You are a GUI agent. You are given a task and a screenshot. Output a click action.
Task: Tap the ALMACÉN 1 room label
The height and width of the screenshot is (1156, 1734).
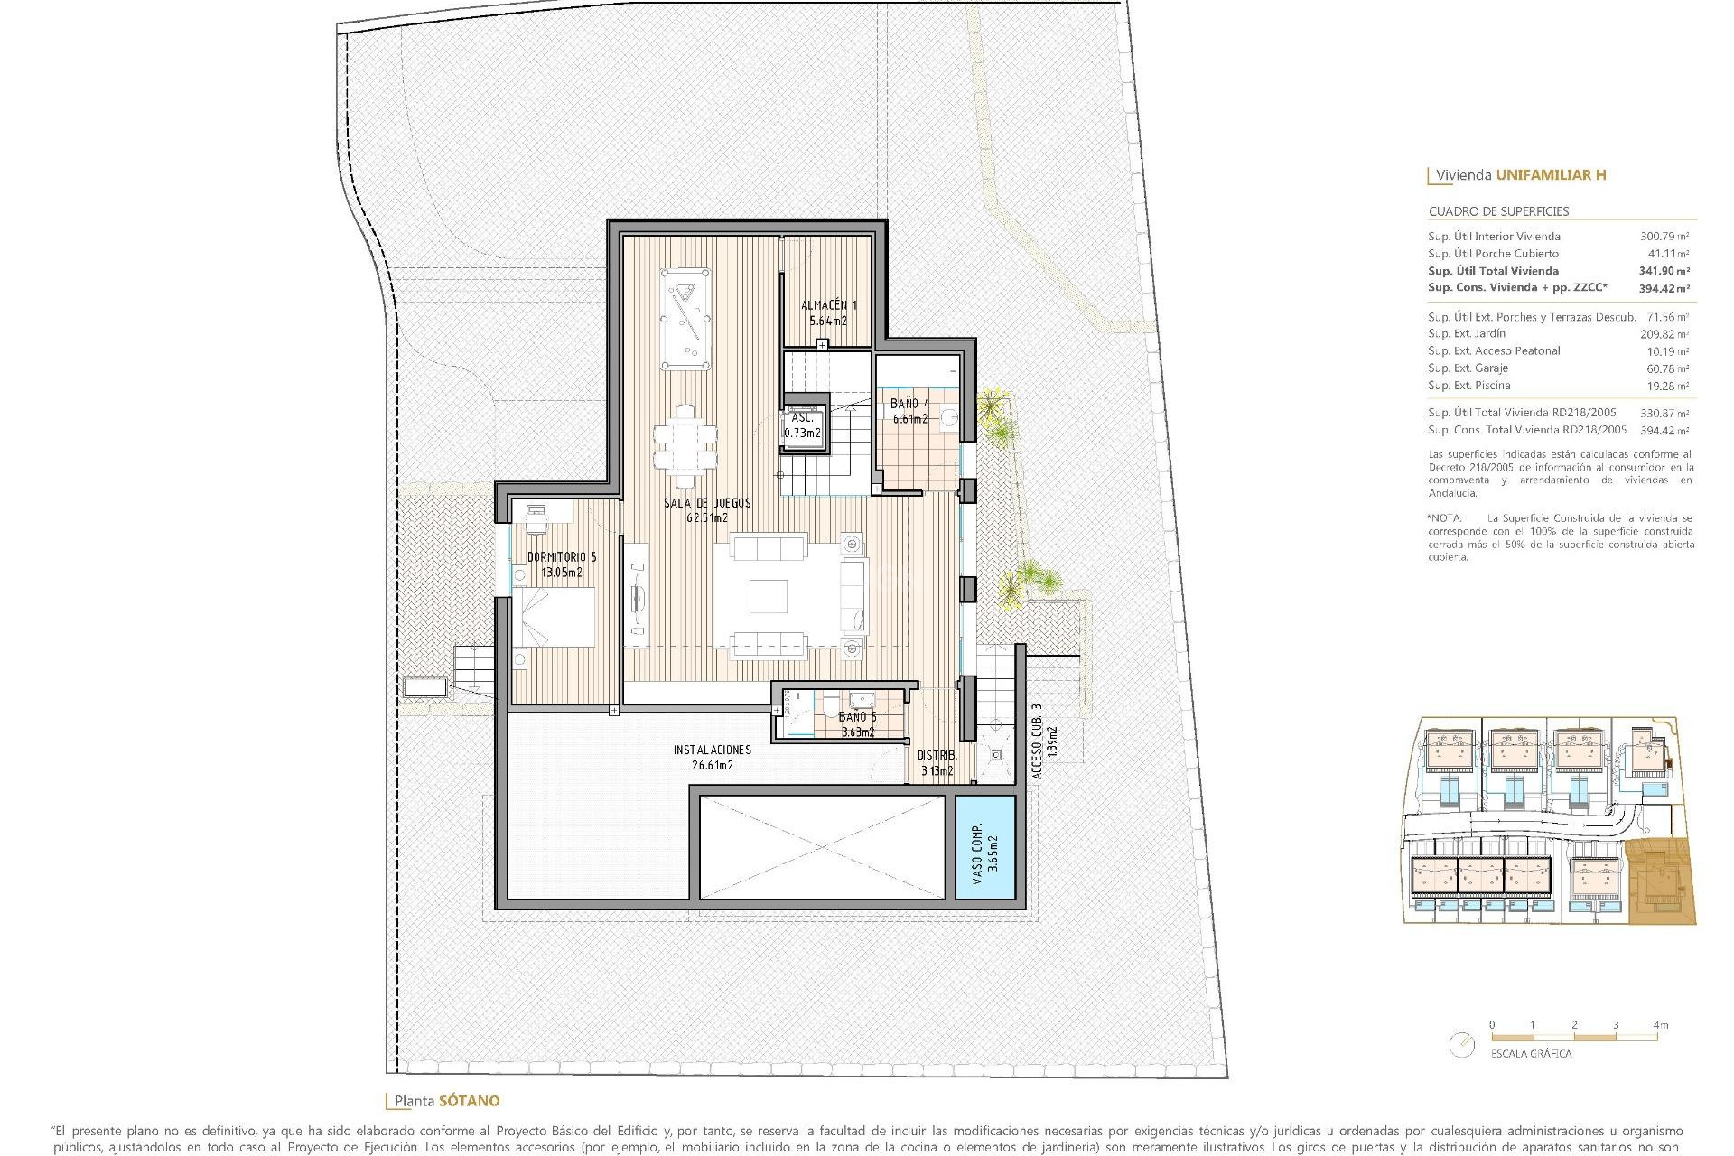828,305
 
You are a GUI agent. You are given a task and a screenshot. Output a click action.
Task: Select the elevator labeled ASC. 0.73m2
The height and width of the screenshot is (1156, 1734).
803,424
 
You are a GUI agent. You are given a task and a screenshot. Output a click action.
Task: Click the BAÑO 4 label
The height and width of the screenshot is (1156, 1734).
909,404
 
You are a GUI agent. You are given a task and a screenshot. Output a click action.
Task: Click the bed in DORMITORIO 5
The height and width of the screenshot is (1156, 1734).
554,616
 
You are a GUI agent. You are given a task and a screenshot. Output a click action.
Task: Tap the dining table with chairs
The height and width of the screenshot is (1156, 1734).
685,447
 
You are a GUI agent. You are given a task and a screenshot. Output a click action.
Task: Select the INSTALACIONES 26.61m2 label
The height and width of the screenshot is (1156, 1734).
712,750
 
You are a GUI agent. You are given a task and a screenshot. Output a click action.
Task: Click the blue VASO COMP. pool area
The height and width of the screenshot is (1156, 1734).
985,847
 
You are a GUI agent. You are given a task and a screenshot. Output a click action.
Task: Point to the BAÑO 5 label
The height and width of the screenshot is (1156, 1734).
857,717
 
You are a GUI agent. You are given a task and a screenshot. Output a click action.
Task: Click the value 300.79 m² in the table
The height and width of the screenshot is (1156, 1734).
1664,237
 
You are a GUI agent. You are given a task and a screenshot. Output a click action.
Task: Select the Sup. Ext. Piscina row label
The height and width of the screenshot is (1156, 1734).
1468,386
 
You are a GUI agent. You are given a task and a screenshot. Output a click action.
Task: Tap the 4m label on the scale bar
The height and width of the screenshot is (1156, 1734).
1660,1025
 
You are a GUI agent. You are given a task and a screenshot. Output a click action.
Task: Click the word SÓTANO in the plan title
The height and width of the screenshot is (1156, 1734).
469,1101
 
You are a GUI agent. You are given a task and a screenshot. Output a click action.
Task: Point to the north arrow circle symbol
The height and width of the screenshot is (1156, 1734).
1460,1045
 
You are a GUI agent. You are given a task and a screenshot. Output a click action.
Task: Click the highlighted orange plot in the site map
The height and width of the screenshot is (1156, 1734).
1660,881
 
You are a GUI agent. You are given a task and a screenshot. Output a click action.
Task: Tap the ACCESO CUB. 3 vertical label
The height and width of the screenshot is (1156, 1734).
1037,741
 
